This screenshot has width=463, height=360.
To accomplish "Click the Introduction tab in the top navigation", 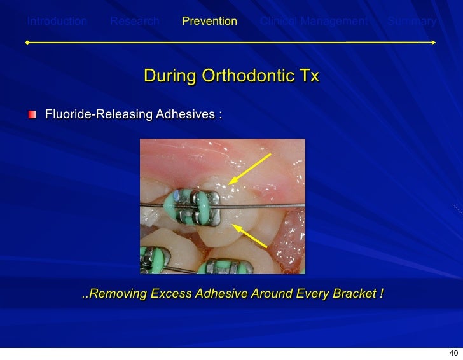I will pos(57,22).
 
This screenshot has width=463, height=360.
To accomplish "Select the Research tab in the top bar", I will pos(135,22).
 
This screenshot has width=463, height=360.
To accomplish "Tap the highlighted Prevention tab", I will pos(209,22).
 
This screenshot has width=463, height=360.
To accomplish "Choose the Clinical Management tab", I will pos(314,22).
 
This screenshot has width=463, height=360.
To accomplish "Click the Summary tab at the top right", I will pos(412,22).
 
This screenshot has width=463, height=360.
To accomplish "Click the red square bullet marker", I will pos(32,114).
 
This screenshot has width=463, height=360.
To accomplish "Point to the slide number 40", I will pos(453,353).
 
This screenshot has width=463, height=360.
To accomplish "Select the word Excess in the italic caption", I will pos(167,294).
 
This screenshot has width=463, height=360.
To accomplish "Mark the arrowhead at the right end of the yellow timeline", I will pos(433,43).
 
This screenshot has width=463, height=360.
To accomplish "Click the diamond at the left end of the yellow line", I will pos(27,43).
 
